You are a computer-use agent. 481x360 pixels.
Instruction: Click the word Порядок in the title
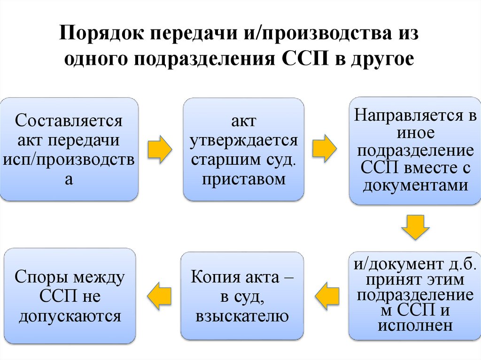100,36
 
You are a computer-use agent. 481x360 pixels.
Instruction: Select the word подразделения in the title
202,60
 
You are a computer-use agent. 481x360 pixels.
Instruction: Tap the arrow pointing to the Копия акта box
326,294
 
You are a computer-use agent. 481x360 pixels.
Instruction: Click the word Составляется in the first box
69,121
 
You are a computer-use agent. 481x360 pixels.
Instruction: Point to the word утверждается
243,140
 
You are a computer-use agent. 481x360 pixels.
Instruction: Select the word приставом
243,179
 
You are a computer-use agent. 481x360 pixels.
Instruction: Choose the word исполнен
415,325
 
